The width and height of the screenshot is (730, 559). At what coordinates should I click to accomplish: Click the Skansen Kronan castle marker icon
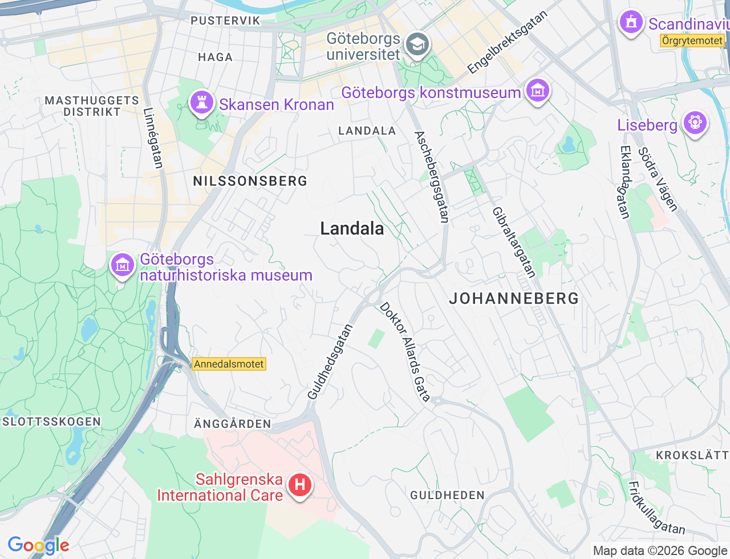[x=202, y=103]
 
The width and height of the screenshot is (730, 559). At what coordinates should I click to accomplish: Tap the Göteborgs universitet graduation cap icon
[x=417, y=44]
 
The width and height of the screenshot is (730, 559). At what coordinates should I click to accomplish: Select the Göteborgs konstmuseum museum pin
[x=538, y=91]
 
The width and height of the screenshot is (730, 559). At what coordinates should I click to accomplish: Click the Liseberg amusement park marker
[x=694, y=123]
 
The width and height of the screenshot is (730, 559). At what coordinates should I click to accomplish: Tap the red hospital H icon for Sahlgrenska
[x=299, y=486]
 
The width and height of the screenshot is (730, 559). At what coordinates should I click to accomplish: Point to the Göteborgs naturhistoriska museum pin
[x=123, y=265]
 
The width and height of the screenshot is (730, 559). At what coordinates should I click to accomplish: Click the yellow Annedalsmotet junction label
[x=229, y=364]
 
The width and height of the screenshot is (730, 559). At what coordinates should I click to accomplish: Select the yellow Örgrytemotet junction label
[x=692, y=40]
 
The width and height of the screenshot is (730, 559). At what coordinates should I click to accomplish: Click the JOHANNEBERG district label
[x=514, y=298]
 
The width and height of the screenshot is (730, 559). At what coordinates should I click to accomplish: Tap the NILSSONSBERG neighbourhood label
[x=250, y=181]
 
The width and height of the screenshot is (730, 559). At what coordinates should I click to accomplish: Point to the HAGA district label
[x=216, y=57]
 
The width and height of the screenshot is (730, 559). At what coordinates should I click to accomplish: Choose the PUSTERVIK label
[x=225, y=21]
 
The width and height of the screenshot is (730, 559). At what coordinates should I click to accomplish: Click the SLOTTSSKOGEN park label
[x=52, y=422]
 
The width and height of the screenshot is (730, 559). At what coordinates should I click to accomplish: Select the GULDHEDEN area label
[x=448, y=495]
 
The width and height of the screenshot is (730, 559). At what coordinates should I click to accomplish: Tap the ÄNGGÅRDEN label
[x=233, y=424]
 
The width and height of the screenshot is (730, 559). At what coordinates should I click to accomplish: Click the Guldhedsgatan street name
[x=330, y=362]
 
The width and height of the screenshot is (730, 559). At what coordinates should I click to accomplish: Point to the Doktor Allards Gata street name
[x=405, y=352]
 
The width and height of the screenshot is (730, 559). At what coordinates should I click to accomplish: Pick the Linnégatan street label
[x=153, y=138]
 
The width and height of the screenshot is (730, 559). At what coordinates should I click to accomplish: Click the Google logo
[x=38, y=546]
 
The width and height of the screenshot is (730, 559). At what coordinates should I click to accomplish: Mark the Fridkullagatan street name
[x=656, y=508]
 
